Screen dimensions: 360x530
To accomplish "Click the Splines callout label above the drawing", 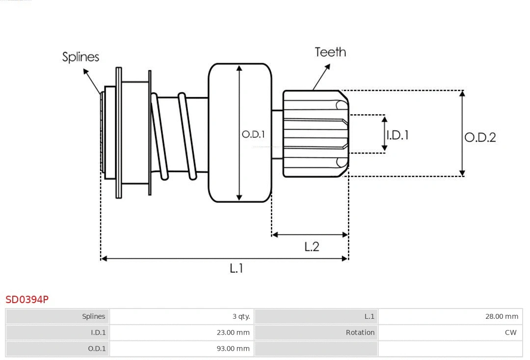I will click(x=80, y=57).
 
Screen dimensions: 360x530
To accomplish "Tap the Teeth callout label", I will click(x=330, y=52).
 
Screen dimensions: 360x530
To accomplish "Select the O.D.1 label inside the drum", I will click(x=253, y=134).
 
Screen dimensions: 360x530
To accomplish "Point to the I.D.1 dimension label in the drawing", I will click(x=397, y=135).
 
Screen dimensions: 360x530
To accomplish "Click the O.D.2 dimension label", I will click(x=480, y=137).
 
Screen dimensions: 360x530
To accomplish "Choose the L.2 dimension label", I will click(x=312, y=247).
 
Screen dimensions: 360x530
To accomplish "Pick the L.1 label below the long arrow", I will click(x=237, y=268).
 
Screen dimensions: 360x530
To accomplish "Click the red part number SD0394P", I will click(x=27, y=299).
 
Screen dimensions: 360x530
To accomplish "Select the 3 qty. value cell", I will click(x=241, y=316).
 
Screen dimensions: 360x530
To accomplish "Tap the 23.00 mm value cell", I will click(x=234, y=333).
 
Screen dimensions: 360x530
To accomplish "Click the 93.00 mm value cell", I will click(x=234, y=349).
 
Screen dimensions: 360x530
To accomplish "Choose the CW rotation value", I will click(x=510, y=333).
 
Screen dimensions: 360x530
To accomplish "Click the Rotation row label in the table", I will click(x=360, y=333).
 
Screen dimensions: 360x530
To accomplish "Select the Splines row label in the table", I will click(x=93, y=316).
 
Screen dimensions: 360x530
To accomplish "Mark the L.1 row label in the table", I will click(x=369, y=316).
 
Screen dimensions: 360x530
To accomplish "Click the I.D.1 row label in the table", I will click(x=98, y=333).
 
